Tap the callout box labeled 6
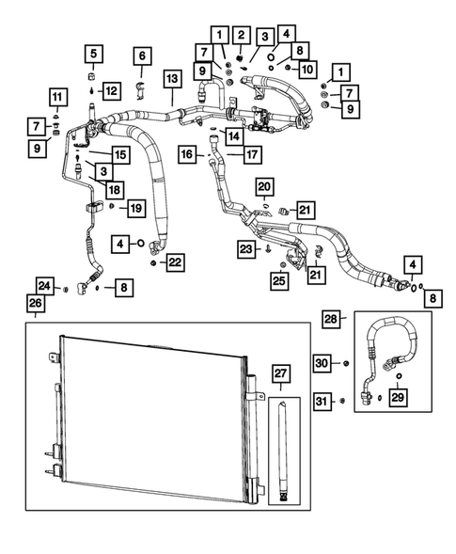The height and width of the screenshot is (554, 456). click(x=142, y=56)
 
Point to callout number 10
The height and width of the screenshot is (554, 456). click(x=307, y=69)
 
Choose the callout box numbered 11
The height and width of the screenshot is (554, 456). click(x=57, y=96)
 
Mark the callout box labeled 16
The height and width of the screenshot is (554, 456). click(x=189, y=152)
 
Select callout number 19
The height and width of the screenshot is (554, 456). click(x=135, y=206)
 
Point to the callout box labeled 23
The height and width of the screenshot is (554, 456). click(x=246, y=248)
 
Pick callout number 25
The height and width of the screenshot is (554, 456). click(x=279, y=279)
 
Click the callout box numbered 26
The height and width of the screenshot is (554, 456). click(x=35, y=304)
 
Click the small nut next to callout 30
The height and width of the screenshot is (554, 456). click(x=347, y=364)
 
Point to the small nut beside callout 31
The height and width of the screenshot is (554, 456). click(x=342, y=402)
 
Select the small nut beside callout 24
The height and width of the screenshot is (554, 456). click(x=66, y=288)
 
